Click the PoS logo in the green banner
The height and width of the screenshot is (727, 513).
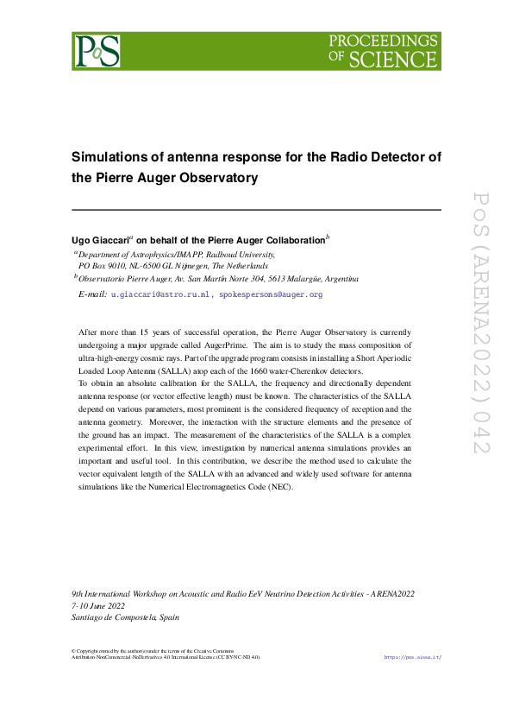96,51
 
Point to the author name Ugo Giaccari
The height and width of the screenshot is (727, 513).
101,239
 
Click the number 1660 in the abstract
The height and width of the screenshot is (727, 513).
271,371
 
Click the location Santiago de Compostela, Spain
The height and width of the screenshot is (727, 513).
125,617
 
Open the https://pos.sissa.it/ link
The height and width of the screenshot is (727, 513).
412,657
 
